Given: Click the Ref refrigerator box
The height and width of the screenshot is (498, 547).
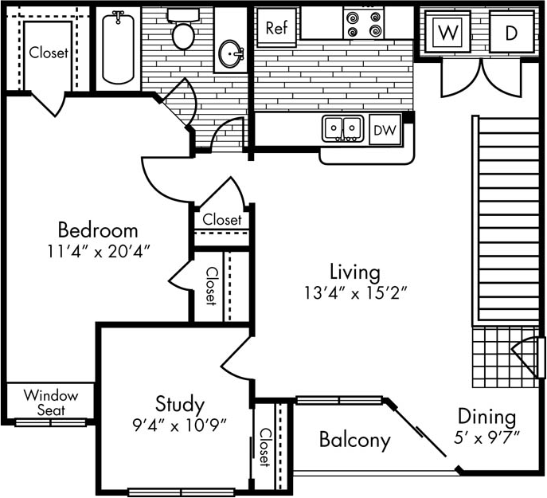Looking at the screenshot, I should click(x=275, y=28).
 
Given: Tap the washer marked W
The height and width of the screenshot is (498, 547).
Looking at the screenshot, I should click(x=449, y=33).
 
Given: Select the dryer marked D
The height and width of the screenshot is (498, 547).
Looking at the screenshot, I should click(x=511, y=33).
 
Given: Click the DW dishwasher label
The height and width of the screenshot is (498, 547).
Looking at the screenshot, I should click(x=385, y=129).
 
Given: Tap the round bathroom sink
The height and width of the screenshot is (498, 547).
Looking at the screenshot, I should click(x=232, y=54).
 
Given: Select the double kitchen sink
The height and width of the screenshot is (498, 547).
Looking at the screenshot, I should click(x=343, y=127).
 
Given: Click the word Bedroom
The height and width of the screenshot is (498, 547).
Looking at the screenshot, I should click(x=98, y=231).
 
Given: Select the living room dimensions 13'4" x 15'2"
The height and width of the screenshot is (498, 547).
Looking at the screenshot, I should click(x=357, y=292).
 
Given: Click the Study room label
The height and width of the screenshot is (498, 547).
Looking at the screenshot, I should click(x=179, y=404).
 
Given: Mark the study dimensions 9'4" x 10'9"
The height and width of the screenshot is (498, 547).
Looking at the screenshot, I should click(x=180, y=424).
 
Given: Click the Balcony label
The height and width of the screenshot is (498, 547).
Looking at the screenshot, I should click(x=354, y=440).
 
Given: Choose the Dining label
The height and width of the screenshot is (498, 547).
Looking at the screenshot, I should click(x=486, y=417).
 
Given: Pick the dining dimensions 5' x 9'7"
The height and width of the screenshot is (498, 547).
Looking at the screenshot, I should click(x=487, y=437).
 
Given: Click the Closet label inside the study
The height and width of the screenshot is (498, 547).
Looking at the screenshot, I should click(x=264, y=447).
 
